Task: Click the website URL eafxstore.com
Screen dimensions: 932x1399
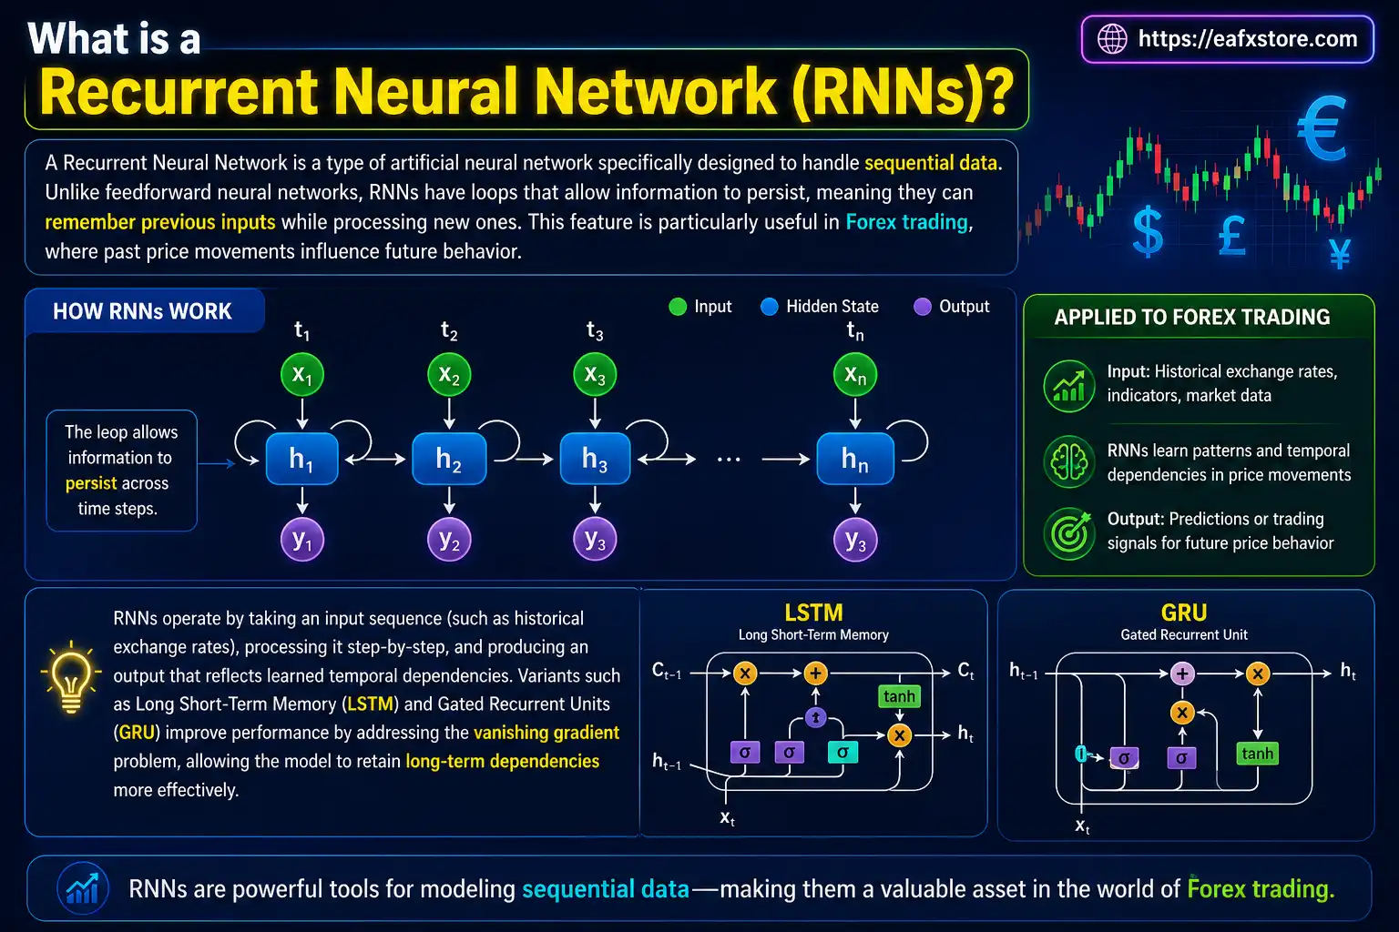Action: point(1247,39)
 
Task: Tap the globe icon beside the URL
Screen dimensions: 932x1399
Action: point(1112,39)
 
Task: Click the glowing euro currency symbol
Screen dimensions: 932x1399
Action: point(1322,130)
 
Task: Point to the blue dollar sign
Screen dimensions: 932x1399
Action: point(1148,231)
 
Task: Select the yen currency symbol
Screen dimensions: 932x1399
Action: point(1339,254)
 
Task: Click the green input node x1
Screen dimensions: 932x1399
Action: point(302,374)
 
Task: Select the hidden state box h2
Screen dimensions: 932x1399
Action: point(449,459)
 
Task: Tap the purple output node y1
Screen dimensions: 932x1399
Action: point(302,540)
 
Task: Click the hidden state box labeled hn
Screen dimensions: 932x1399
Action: point(854,459)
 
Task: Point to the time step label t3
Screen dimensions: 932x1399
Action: point(595,331)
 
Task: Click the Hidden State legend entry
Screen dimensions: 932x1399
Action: point(820,307)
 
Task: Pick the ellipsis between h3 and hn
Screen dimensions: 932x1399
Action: point(729,460)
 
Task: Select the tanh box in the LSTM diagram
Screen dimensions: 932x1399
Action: point(899,696)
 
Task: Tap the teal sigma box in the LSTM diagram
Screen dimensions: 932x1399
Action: point(842,752)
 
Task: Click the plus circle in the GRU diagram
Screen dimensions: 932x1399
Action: point(1182,674)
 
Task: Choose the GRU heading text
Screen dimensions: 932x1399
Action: point(1183,613)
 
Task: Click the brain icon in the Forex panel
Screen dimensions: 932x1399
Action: point(1069,462)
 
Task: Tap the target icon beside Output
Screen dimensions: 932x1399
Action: point(1069,532)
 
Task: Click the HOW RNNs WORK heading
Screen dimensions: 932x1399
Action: point(143,311)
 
